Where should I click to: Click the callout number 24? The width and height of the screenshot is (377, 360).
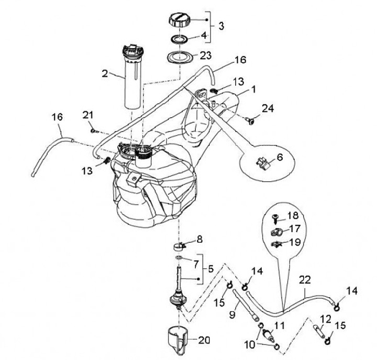[268, 108]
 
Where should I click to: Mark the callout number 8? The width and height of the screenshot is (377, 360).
[199, 239]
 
